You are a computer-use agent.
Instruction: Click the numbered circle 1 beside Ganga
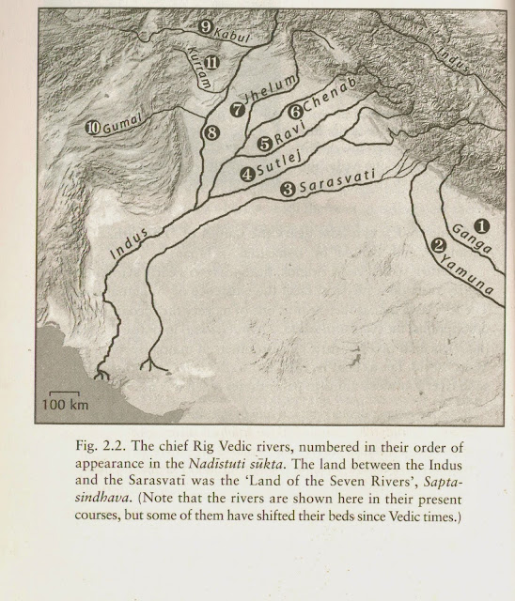pyautogui.click(x=480, y=225)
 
